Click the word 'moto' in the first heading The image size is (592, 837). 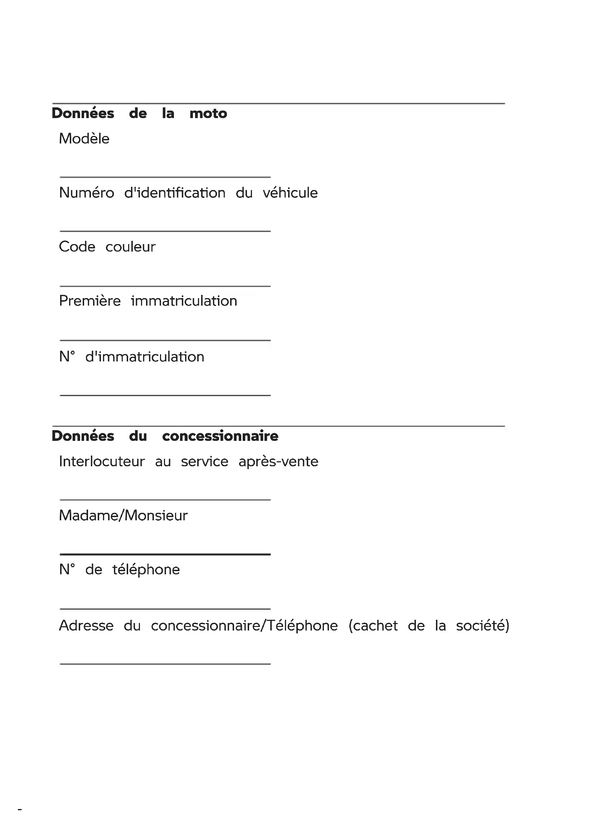[x=208, y=113]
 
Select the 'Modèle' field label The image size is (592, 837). [x=84, y=139]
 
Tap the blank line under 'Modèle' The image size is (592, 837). [x=165, y=177]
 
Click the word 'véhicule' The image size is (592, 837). [x=290, y=193]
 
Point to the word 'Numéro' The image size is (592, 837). [x=87, y=193]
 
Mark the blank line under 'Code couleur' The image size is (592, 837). [x=165, y=286]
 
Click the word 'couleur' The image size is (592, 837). [x=131, y=247]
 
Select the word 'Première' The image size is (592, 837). [x=90, y=301]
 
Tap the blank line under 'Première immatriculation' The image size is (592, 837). [x=165, y=340]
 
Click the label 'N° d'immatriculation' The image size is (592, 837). [x=132, y=357]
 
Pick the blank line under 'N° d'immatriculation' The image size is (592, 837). [x=165, y=395]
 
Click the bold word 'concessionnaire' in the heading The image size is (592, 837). [x=220, y=436]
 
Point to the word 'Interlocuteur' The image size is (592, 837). [x=102, y=462]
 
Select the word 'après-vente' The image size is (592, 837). [x=278, y=462]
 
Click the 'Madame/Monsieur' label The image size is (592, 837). [x=123, y=515]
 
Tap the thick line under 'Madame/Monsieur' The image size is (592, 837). [x=165, y=554]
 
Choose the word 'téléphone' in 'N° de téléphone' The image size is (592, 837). [x=146, y=570]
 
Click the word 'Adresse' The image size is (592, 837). [x=86, y=626]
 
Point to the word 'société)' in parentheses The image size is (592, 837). [x=482, y=626]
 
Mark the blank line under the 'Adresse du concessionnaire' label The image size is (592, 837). [x=165, y=664]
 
